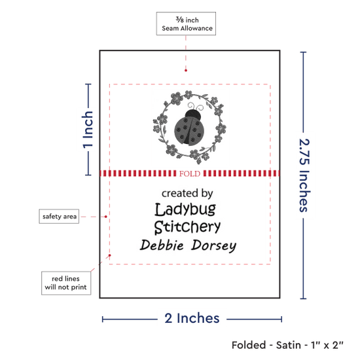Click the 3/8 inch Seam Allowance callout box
[186, 24]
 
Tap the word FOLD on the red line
[190, 174]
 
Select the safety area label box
[59, 216]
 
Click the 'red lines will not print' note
[66, 283]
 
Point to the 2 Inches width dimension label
[192, 318]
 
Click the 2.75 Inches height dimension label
[304, 175]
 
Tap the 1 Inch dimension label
[88, 130]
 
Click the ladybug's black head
[193, 115]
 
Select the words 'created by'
[187, 193]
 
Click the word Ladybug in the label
[185, 209]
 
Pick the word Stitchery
[187, 227]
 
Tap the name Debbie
[162, 245]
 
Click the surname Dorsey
[214, 246]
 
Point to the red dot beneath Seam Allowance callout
[186, 70]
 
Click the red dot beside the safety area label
[106, 217]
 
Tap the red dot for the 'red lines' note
[110, 255]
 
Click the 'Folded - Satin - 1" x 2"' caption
[287, 345]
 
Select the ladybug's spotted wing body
[189, 131]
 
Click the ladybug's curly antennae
[196, 107]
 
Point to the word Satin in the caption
[289, 345]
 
